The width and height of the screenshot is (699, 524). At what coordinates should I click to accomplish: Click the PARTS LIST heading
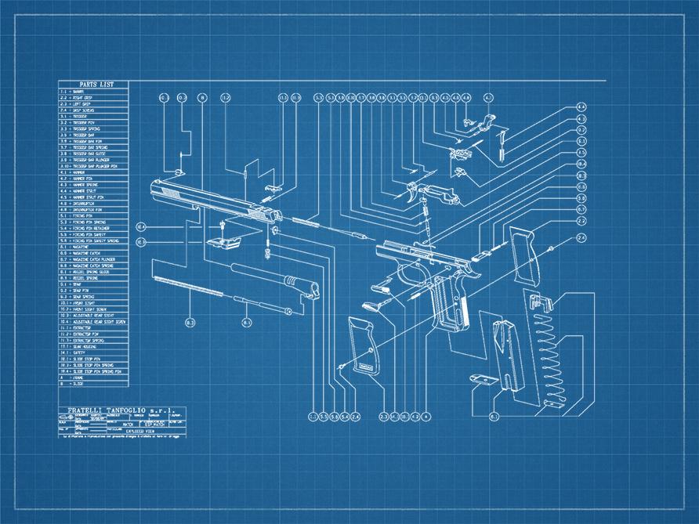(x=93, y=84)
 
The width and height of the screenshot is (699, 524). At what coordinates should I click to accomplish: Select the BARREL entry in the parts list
(x=79, y=91)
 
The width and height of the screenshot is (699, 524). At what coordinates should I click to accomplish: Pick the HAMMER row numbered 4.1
(x=78, y=172)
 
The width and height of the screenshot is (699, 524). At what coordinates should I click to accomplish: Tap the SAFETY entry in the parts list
(x=79, y=352)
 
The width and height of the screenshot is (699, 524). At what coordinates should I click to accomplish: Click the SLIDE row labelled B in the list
(x=78, y=385)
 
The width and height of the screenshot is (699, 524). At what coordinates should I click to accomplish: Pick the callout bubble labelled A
(x=426, y=416)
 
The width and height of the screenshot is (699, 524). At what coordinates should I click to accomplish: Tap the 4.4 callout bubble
(x=581, y=107)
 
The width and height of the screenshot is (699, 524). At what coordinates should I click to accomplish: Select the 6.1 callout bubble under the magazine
(x=494, y=416)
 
